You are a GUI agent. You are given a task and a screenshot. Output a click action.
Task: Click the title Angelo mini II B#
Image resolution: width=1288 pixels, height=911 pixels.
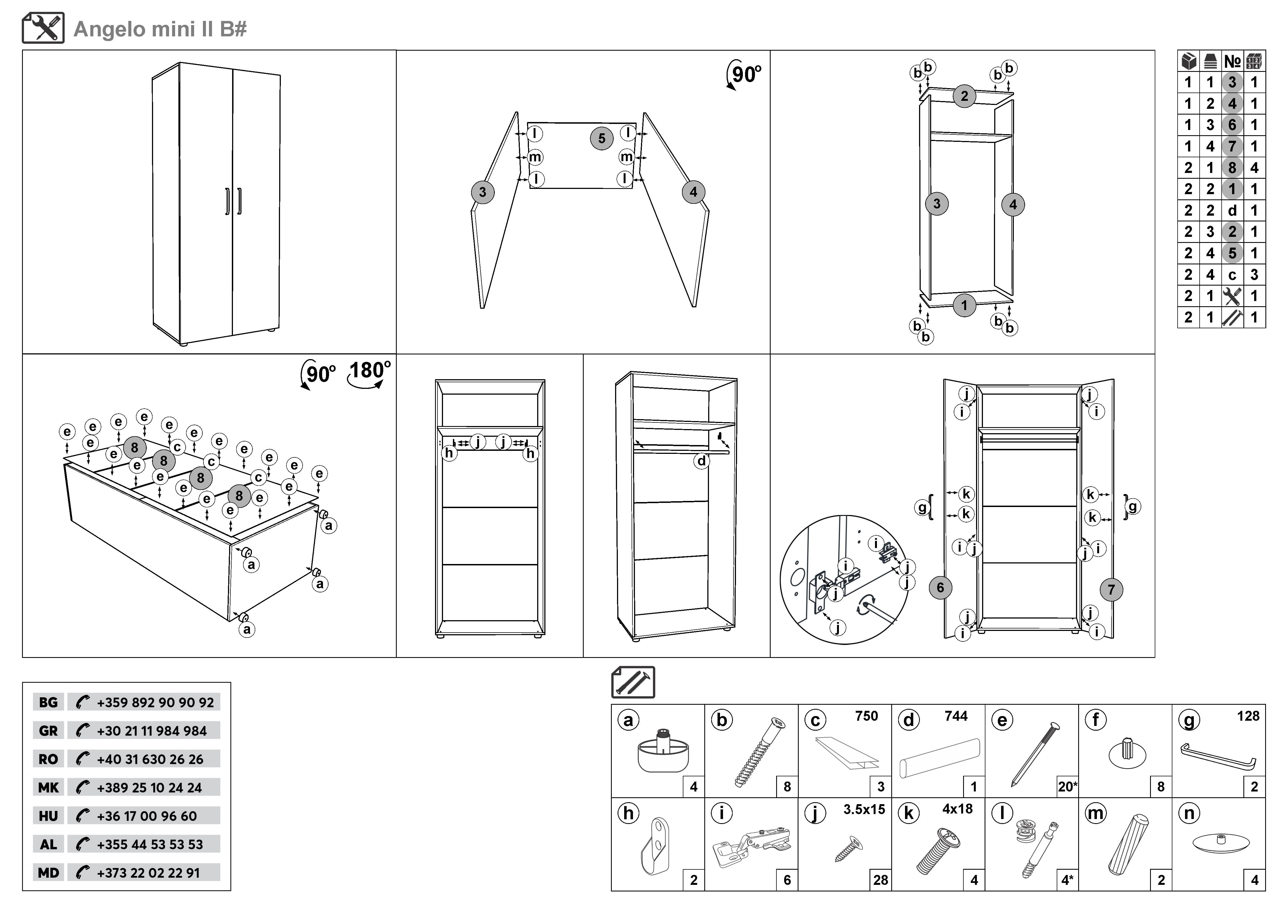pyautogui.click(x=160, y=29)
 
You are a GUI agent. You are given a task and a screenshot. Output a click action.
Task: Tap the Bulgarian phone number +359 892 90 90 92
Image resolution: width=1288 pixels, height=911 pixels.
pyautogui.click(x=155, y=702)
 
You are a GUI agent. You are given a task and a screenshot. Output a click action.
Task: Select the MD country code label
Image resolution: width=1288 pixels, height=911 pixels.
pyautogui.click(x=48, y=873)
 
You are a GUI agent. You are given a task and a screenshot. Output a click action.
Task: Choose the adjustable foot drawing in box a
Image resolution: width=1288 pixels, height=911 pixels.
pyautogui.click(x=664, y=749)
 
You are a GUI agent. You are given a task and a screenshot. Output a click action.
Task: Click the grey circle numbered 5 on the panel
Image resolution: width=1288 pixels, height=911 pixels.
pyautogui.click(x=601, y=138)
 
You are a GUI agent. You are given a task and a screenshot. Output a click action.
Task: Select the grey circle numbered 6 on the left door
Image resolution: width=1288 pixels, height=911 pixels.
pyautogui.click(x=940, y=587)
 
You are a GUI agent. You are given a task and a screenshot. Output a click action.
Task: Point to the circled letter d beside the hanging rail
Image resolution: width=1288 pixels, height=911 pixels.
pyautogui.click(x=701, y=461)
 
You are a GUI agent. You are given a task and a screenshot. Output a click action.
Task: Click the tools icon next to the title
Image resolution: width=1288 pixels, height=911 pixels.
pyautogui.click(x=43, y=28)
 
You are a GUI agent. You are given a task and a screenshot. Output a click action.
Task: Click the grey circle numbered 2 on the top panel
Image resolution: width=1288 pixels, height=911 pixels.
pyautogui.click(x=964, y=96)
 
